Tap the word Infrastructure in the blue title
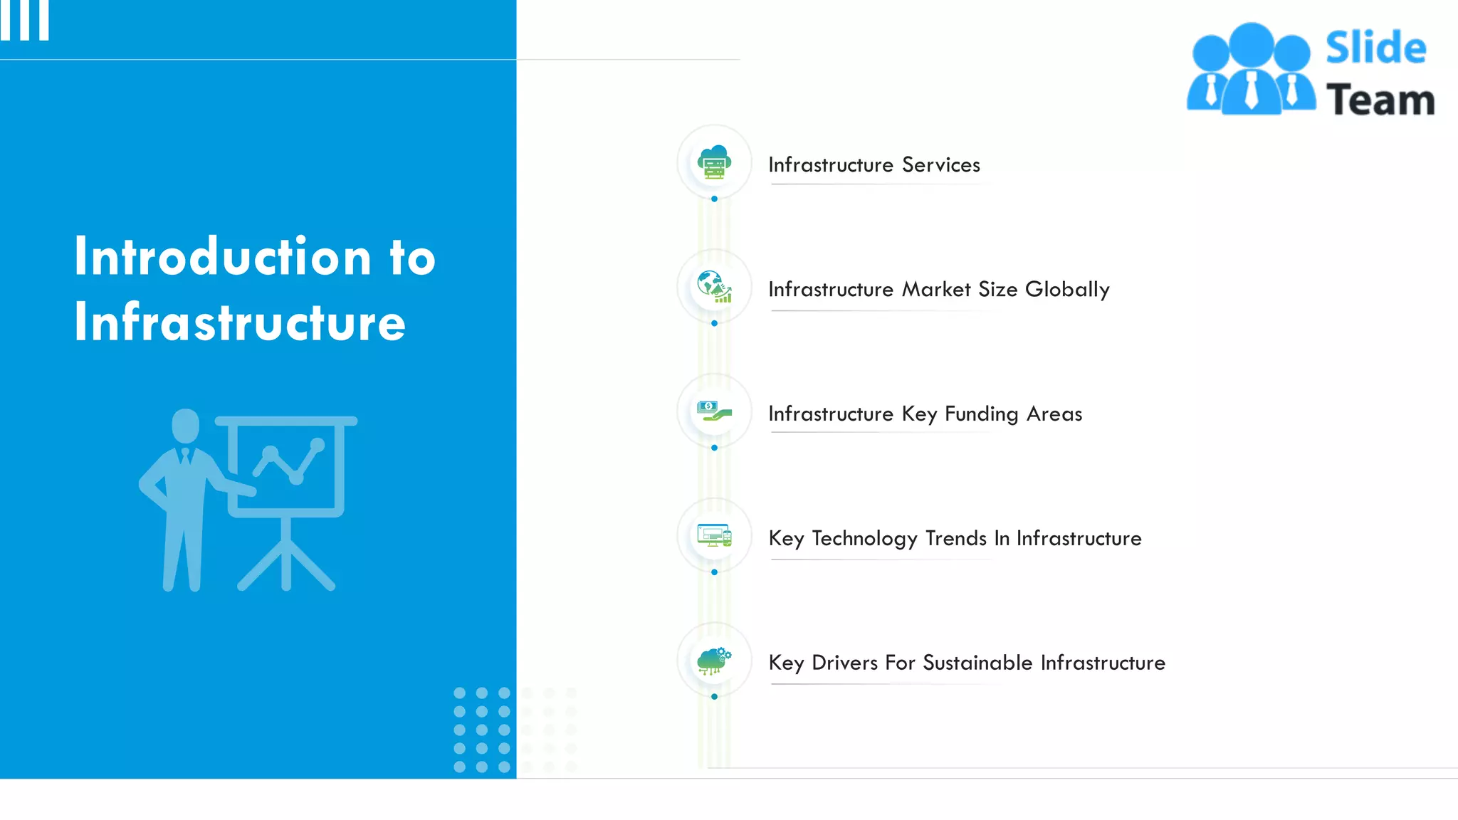[x=240, y=322]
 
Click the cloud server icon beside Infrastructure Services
[x=714, y=162]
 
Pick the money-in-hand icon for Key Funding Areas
[x=714, y=411]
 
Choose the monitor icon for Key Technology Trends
[x=714, y=535]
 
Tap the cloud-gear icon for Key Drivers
[x=714, y=661]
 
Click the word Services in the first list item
[x=941, y=165]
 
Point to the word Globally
[x=1067, y=290]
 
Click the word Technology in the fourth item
[x=864, y=539]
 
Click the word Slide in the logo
[x=1375, y=48]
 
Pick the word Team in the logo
[x=1380, y=100]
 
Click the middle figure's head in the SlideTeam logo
[x=1251, y=44]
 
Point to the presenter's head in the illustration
[x=186, y=425]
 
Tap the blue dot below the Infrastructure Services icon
[x=714, y=199]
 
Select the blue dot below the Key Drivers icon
[x=714, y=697]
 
